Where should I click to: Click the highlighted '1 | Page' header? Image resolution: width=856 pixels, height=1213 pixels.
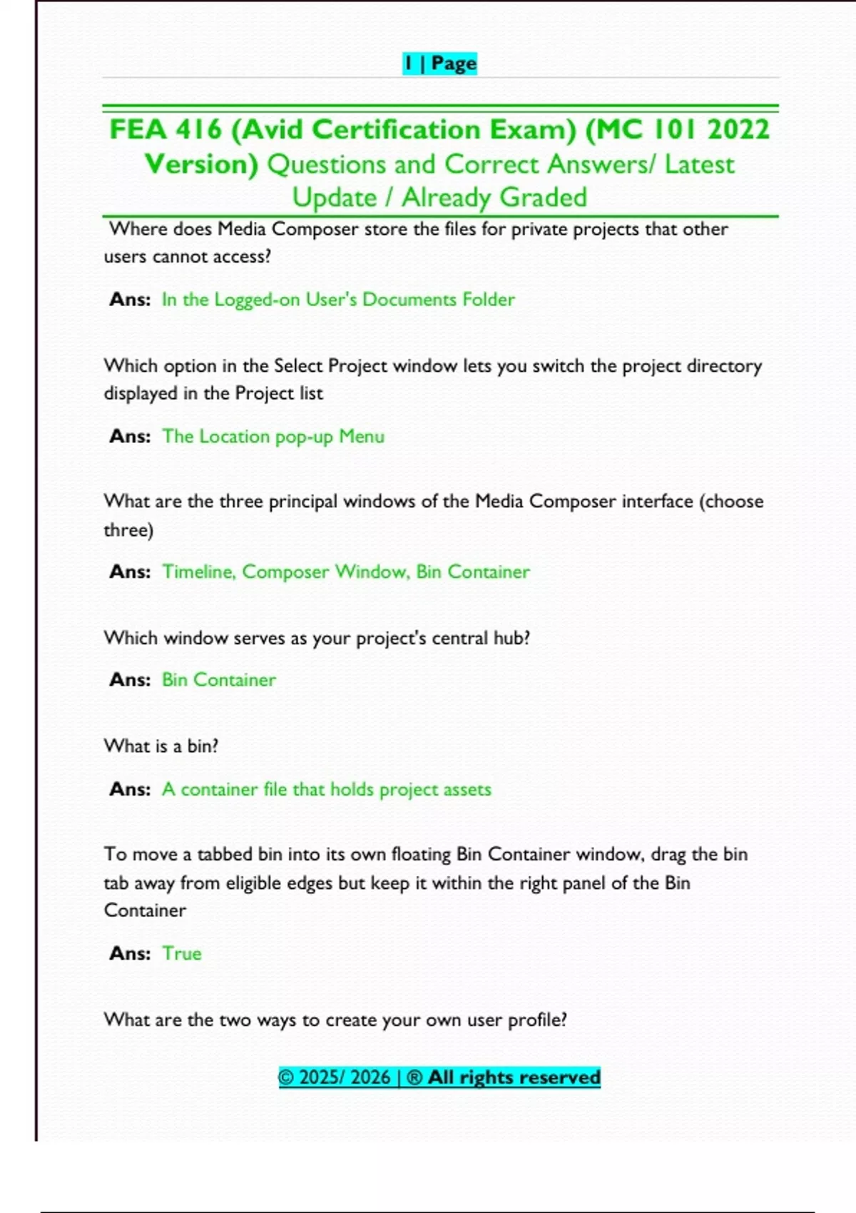pyautogui.click(x=439, y=64)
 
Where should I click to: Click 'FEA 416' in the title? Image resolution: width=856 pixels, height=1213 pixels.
pyautogui.click(x=165, y=130)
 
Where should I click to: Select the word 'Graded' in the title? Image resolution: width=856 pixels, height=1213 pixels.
pyautogui.click(x=543, y=197)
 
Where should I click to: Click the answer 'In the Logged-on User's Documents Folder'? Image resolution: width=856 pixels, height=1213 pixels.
pyautogui.click(x=338, y=299)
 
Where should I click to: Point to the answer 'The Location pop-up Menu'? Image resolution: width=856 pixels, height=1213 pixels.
pyautogui.click(x=273, y=436)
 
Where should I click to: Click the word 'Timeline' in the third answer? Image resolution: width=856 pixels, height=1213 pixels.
pyautogui.click(x=198, y=572)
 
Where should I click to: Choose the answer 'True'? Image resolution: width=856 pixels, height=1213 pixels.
pyautogui.click(x=182, y=953)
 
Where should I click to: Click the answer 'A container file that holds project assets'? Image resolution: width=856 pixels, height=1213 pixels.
pyautogui.click(x=327, y=789)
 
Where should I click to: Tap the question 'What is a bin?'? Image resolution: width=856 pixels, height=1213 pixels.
pyautogui.click(x=161, y=746)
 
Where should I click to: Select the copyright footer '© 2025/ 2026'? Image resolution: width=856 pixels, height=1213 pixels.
pyautogui.click(x=335, y=1077)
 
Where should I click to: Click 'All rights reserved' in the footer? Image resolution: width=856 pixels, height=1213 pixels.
pyautogui.click(x=514, y=1077)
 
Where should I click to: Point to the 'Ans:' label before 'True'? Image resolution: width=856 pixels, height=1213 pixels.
pyautogui.click(x=130, y=953)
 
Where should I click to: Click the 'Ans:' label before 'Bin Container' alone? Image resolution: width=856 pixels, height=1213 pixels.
pyautogui.click(x=130, y=679)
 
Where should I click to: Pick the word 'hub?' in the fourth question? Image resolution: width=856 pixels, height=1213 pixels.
pyautogui.click(x=511, y=638)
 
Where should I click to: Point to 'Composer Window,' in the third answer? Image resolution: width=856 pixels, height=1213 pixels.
pyautogui.click(x=326, y=572)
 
